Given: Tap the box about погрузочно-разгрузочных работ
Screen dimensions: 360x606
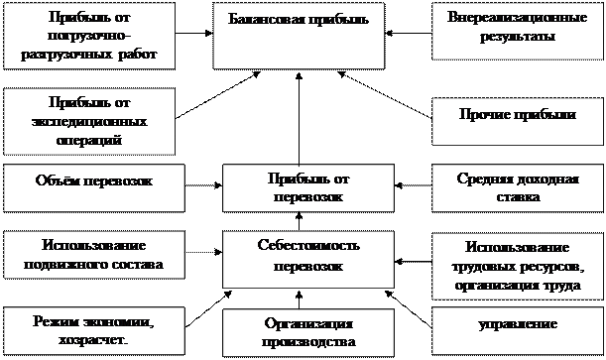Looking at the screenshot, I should pyautogui.click(x=86, y=36).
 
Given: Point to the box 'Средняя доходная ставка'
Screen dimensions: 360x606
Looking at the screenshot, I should pyautogui.click(x=516, y=187).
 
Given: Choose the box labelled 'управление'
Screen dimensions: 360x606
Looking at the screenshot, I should pyautogui.click(x=516, y=324).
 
